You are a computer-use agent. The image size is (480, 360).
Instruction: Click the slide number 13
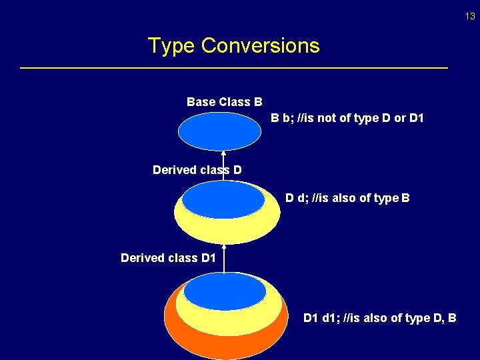[470, 17]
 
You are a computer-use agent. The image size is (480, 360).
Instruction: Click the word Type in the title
[171, 46]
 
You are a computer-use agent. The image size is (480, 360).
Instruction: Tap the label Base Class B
[224, 102]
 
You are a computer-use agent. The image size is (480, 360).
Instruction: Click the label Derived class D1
[168, 257]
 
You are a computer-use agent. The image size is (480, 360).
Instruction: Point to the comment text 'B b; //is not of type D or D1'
[347, 119]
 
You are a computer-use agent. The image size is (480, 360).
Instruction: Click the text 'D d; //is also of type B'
[347, 198]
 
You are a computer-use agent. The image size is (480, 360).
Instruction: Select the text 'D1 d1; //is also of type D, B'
[379, 318]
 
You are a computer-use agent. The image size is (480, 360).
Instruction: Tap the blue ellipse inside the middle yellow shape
[223, 199]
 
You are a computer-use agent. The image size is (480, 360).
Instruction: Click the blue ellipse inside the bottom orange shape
[225, 291]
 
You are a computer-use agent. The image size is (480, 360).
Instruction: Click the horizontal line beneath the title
[234, 68]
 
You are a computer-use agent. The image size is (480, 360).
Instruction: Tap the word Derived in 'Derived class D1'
[142, 257]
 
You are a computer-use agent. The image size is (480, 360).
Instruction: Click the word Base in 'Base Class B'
[200, 102]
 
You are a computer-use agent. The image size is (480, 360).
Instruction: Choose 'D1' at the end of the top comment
[416, 119]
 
